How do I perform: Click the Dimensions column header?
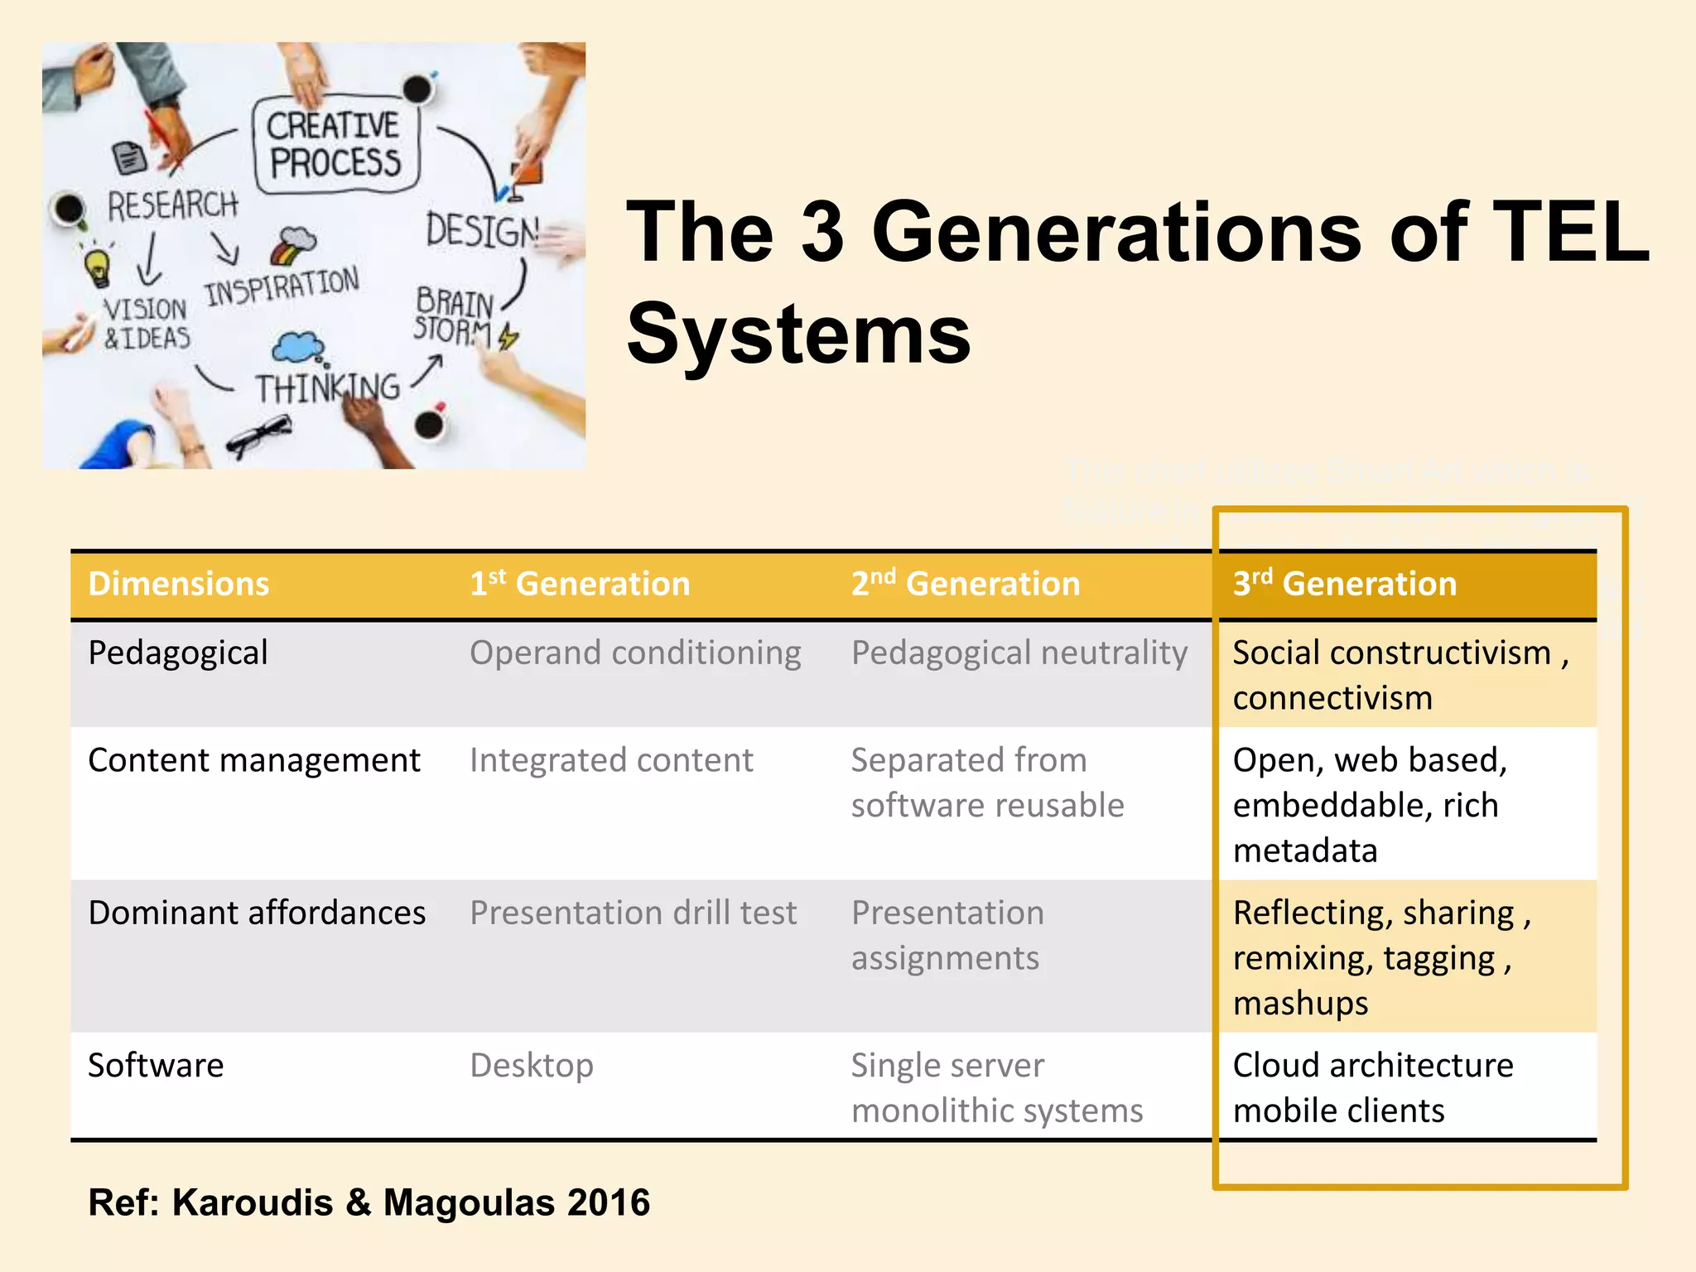[179, 585]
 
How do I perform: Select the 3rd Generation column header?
[1344, 585]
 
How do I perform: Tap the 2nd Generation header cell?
[966, 585]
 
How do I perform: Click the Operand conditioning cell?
[635, 653]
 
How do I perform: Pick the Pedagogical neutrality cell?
[1019, 653]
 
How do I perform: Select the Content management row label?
[254, 760]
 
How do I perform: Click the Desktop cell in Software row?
[532, 1066]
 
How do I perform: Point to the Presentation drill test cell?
[634, 913]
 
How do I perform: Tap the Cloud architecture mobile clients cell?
[1373, 1087]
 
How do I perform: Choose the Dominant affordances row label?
[257, 913]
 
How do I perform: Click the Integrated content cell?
[611, 760]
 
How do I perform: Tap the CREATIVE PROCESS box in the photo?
[335, 145]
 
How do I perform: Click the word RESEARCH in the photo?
[172, 205]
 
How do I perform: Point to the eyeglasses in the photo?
[258, 434]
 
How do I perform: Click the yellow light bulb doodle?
[99, 267]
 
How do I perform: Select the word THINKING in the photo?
[327, 388]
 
